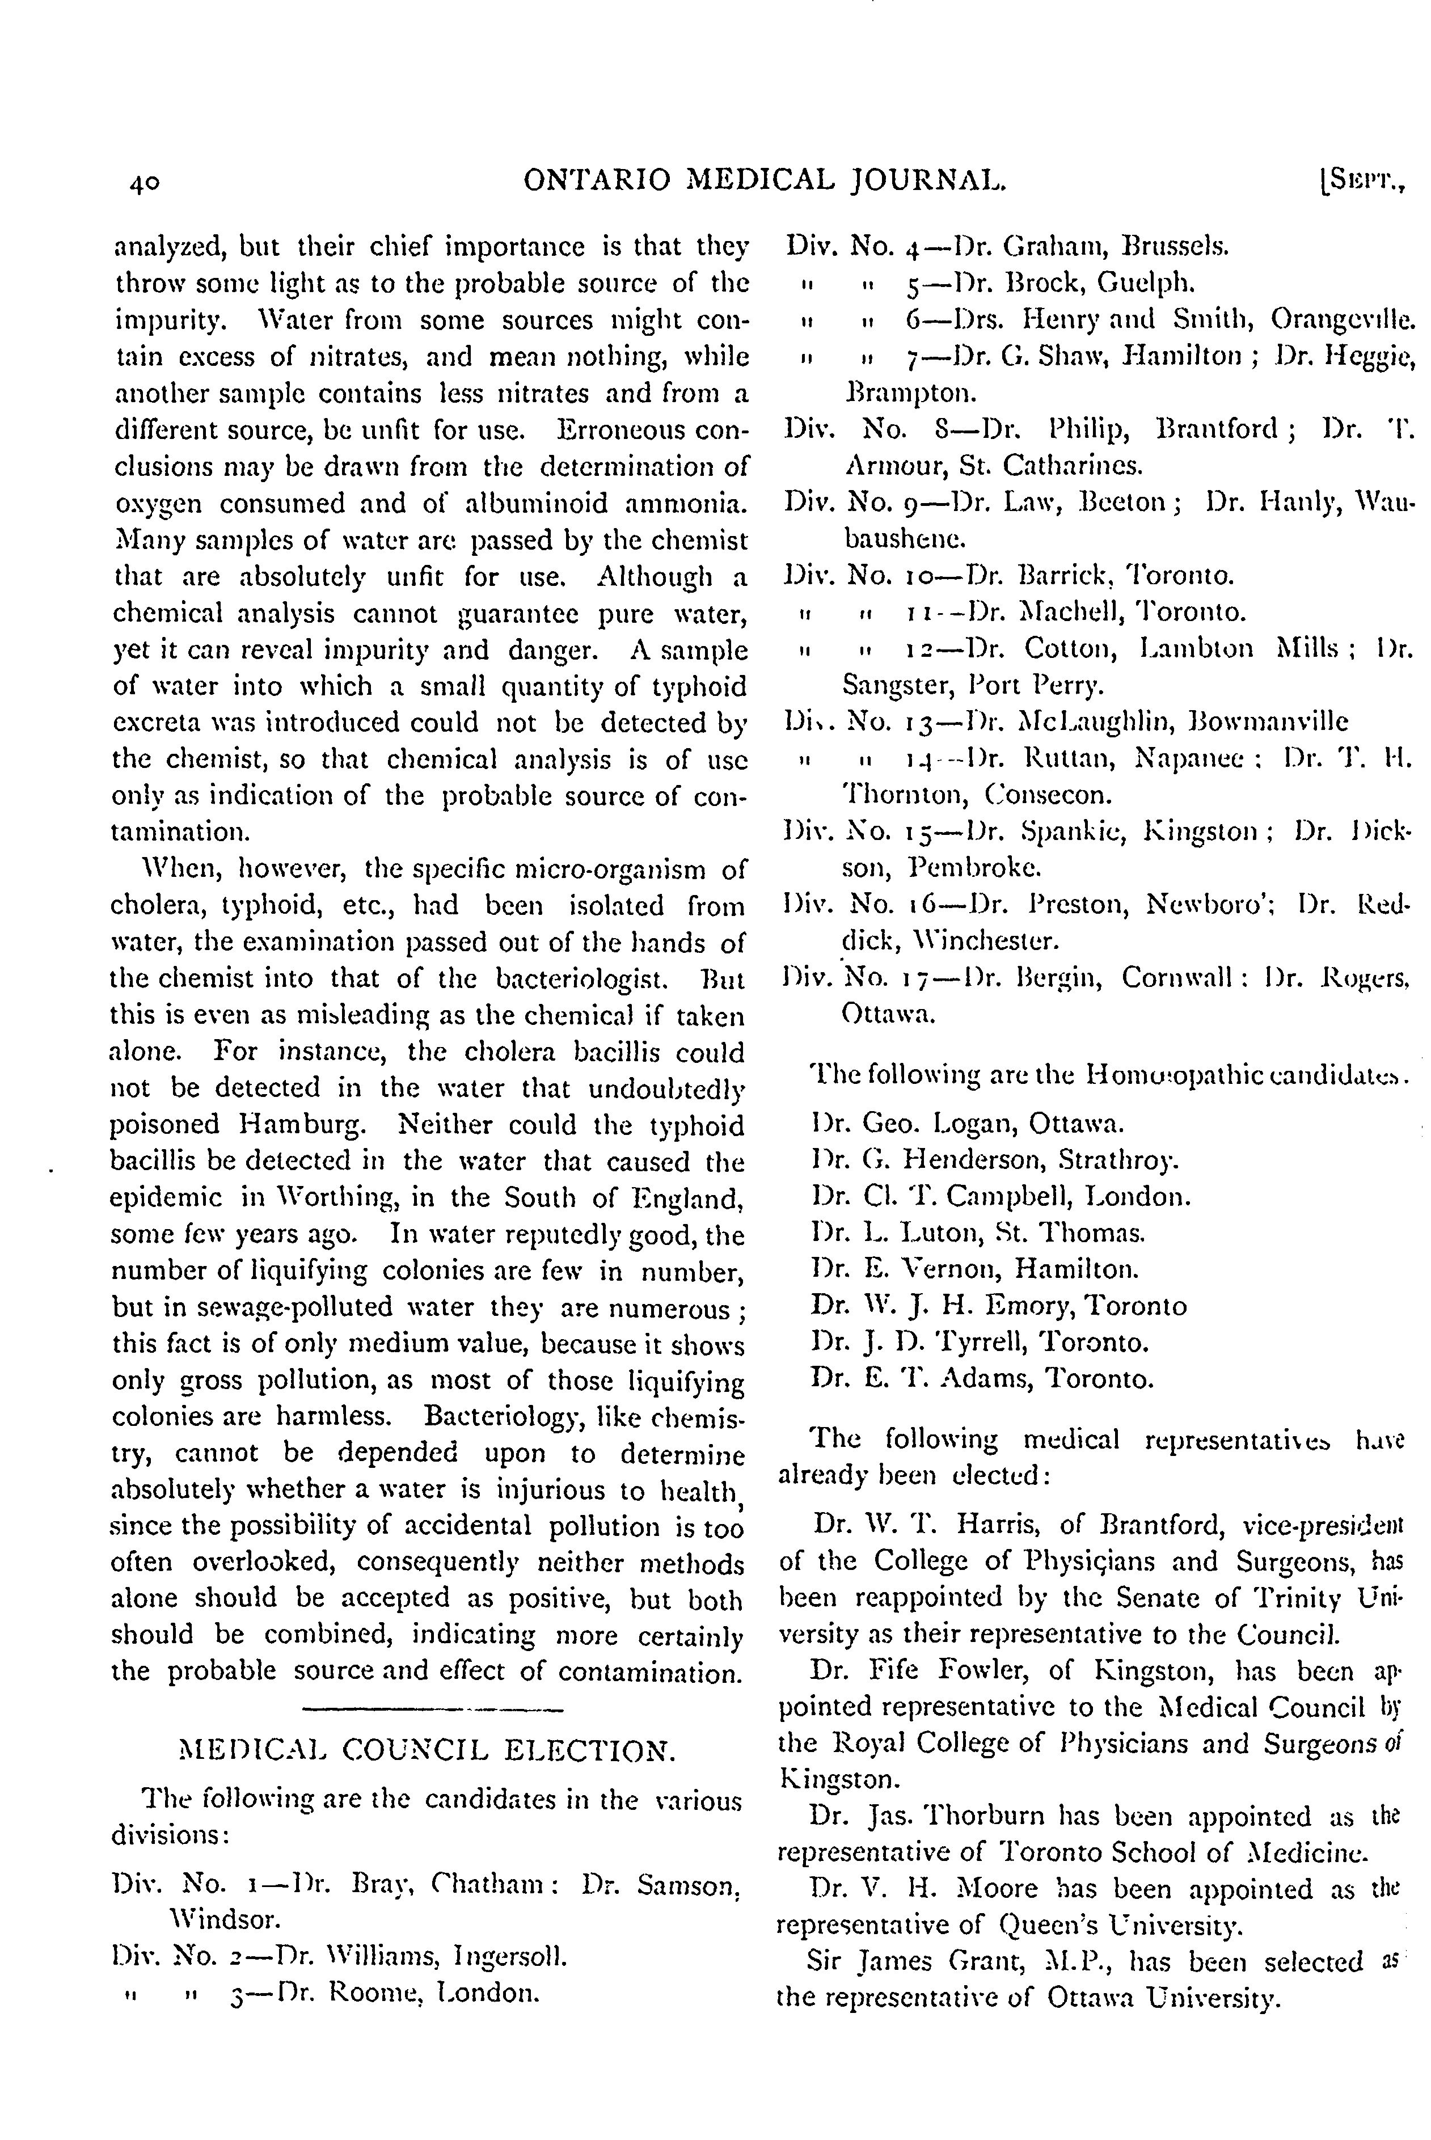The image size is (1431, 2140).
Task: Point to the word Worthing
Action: (333, 1197)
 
